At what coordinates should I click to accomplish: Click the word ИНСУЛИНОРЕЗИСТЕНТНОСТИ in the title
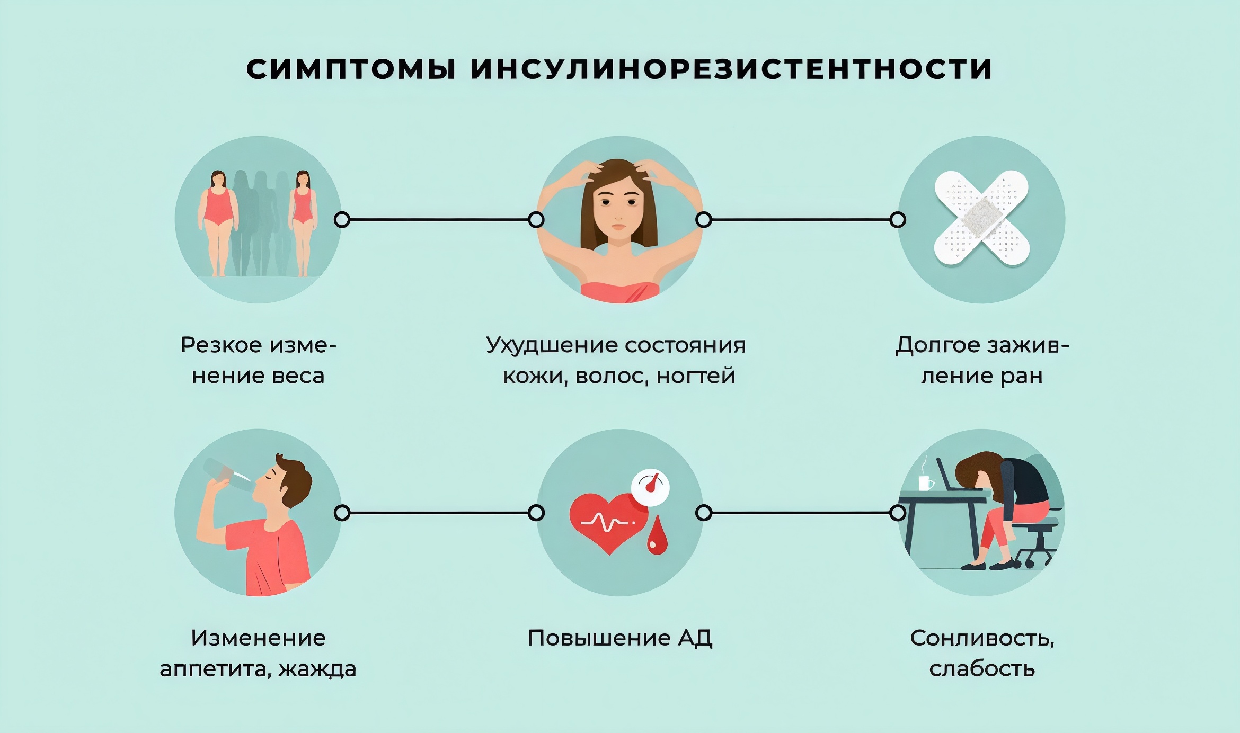731,69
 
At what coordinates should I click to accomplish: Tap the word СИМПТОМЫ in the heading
351,69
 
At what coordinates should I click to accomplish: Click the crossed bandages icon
981,218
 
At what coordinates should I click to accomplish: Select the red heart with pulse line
607,522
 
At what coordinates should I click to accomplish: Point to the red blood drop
657,538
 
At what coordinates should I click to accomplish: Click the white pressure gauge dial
651,486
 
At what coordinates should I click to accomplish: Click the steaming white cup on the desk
925,483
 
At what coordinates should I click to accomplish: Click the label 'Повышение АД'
620,638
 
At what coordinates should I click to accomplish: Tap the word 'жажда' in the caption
317,669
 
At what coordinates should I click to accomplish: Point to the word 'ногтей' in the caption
696,376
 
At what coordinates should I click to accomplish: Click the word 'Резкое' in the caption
221,345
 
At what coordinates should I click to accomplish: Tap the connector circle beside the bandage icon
898,220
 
